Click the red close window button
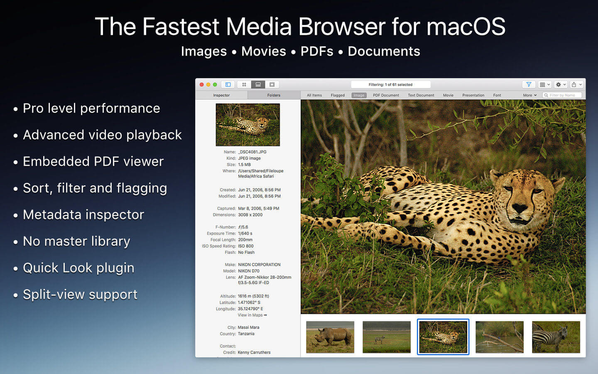[x=202, y=84]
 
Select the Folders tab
[x=274, y=95]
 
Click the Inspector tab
[x=221, y=95]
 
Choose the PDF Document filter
[x=386, y=95]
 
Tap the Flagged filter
[x=338, y=95]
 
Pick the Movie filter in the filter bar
[x=448, y=95]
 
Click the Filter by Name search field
[x=564, y=95]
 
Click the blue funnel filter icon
[x=529, y=84]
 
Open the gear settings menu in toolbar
[x=561, y=84]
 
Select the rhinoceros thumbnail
[x=330, y=337]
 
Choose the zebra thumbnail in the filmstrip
[x=556, y=337]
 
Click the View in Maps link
[x=252, y=315]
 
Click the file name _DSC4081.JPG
[x=252, y=152]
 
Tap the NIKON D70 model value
[x=248, y=271]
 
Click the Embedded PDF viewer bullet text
[x=93, y=161]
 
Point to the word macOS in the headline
[x=466, y=27]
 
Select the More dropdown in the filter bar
[x=529, y=95]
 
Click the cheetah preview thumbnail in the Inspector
[x=248, y=125]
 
